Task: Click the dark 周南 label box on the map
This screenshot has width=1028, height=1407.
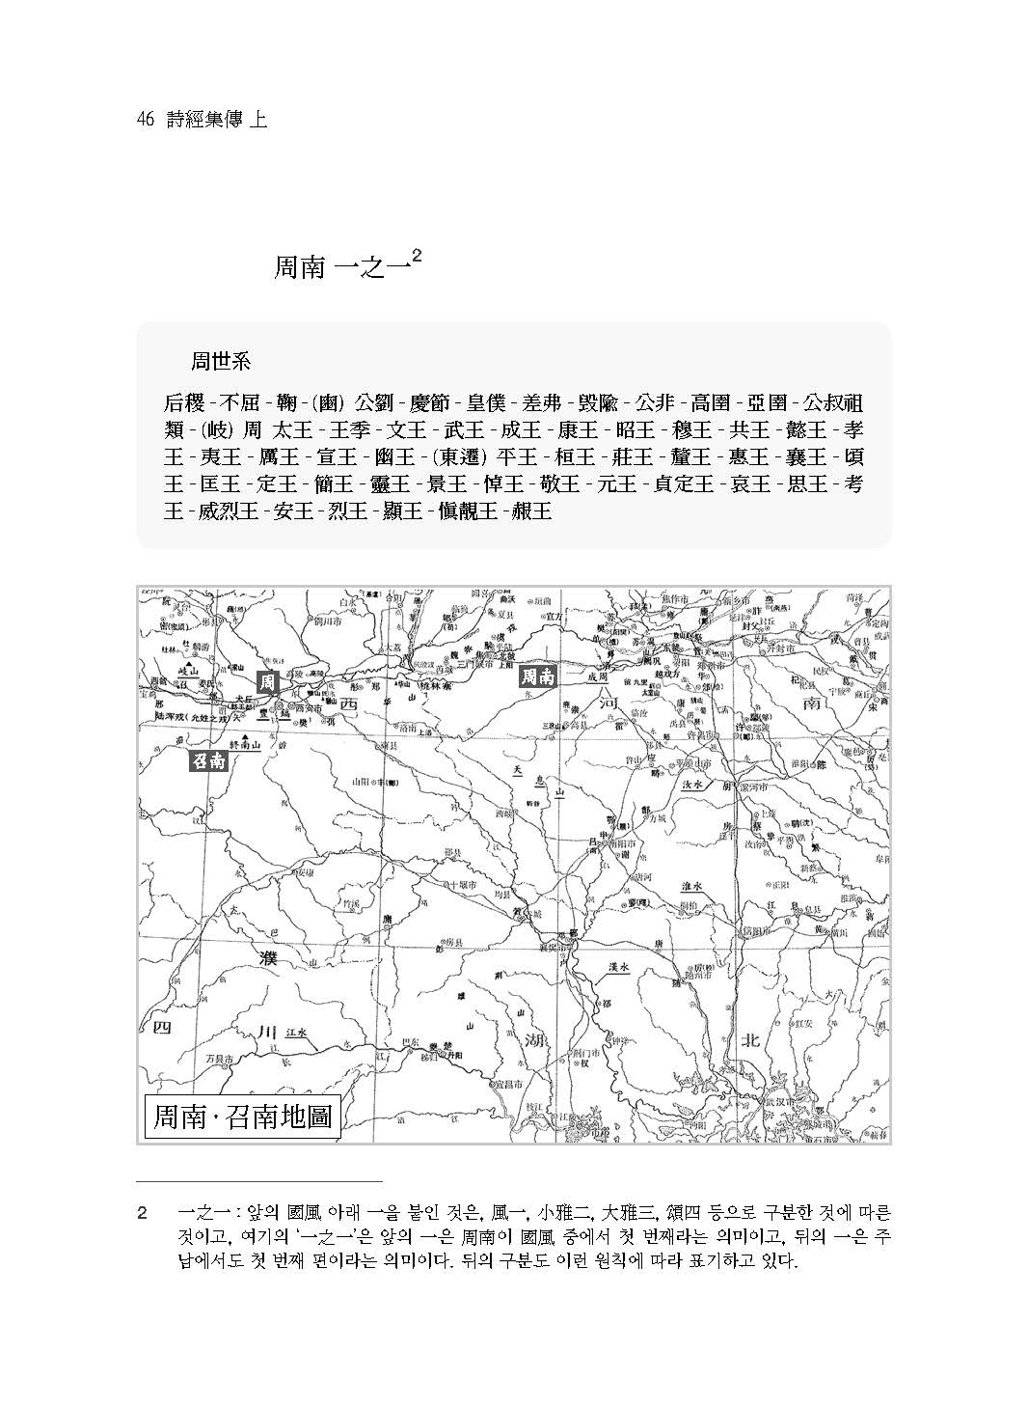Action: click(538, 676)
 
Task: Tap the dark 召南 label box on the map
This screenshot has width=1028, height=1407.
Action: click(207, 760)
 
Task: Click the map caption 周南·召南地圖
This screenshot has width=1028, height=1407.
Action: click(243, 1117)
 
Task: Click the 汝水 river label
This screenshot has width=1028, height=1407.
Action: click(694, 785)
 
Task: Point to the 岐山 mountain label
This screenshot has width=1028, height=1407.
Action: click(180, 669)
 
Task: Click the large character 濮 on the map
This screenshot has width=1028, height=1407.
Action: click(269, 956)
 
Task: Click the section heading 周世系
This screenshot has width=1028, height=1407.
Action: click(220, 363)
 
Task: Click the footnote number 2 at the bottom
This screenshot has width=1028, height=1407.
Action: click(142, 1211)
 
